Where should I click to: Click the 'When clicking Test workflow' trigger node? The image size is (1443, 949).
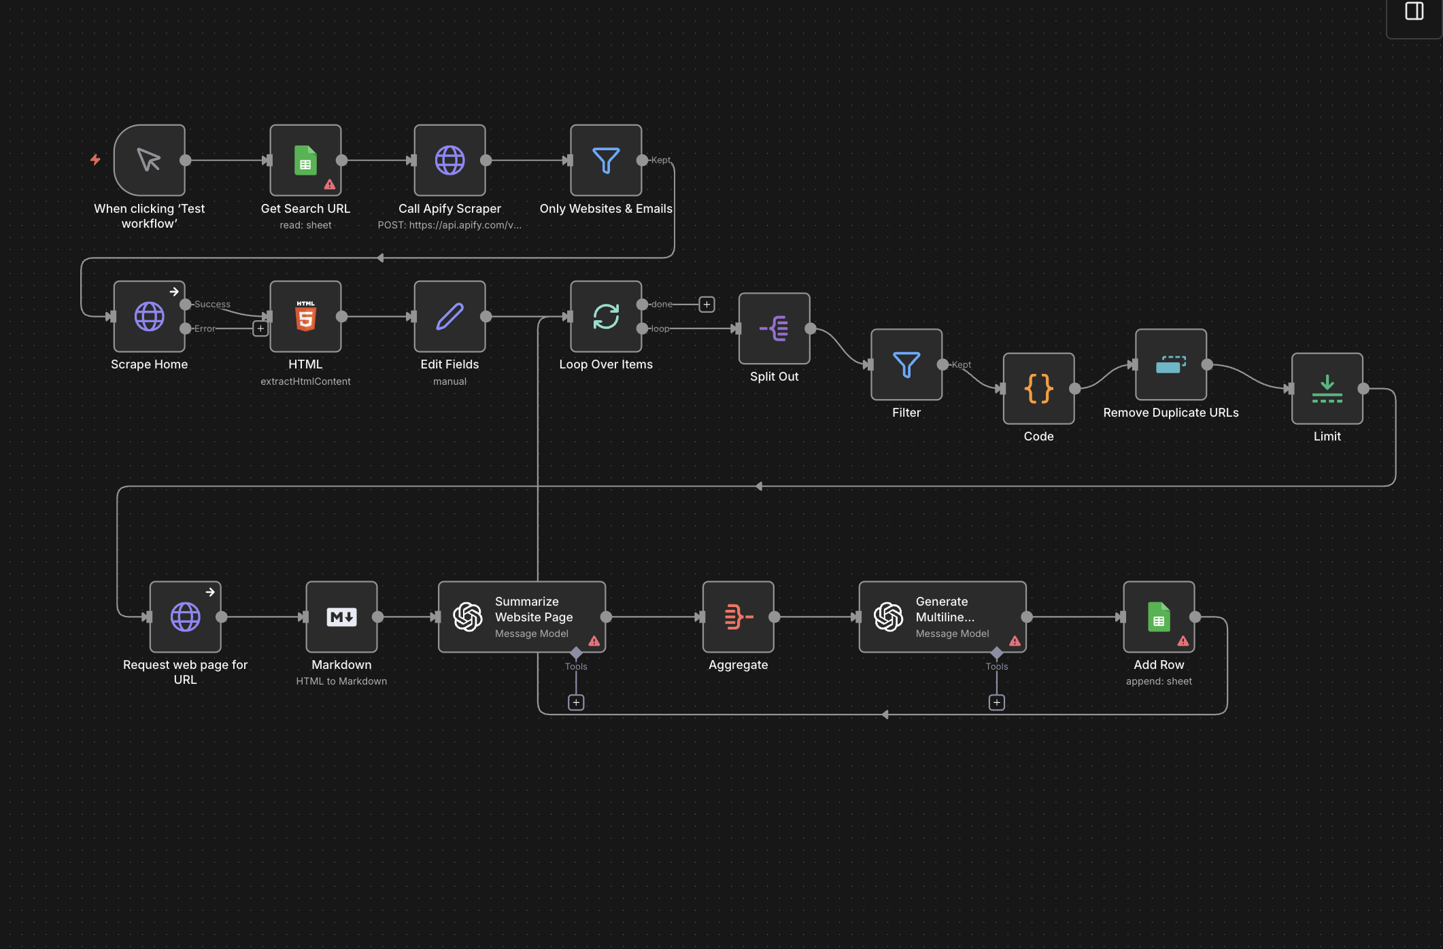[x=149, y=160]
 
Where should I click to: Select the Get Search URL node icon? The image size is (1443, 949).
[x=305, y=160]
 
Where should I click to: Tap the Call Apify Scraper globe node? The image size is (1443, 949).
[x=449, y=160]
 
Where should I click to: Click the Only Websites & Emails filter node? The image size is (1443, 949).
[x=605, y=160]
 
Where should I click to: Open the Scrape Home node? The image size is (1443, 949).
[x=149, y=317]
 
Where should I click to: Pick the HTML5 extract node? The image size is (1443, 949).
[x=305, y=317]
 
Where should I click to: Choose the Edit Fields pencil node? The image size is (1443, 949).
[x=449, y=317]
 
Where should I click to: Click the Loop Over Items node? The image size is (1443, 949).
[x=605, y=317]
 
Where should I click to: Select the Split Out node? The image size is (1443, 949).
[x=774, y=329]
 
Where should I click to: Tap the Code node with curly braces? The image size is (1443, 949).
[x=1038, y=389]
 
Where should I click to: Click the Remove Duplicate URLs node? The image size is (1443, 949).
[x=1170, y=365]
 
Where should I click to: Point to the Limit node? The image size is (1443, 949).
[x=1327, y=389]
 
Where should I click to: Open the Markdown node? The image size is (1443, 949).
[x=341, y=617]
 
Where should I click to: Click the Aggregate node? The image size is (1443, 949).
[x=738, y=617]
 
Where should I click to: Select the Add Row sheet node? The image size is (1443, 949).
[x=1159, y=617]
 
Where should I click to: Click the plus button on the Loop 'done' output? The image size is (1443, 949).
[x=707, y=305]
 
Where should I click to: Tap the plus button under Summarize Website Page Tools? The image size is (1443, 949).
[x=576, y=702]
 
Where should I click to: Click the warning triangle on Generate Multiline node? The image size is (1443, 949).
[x=1015, y=641]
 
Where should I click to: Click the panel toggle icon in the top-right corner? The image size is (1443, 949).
[x=1414, y=12]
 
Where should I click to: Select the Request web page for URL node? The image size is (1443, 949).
[x=185, y=617]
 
